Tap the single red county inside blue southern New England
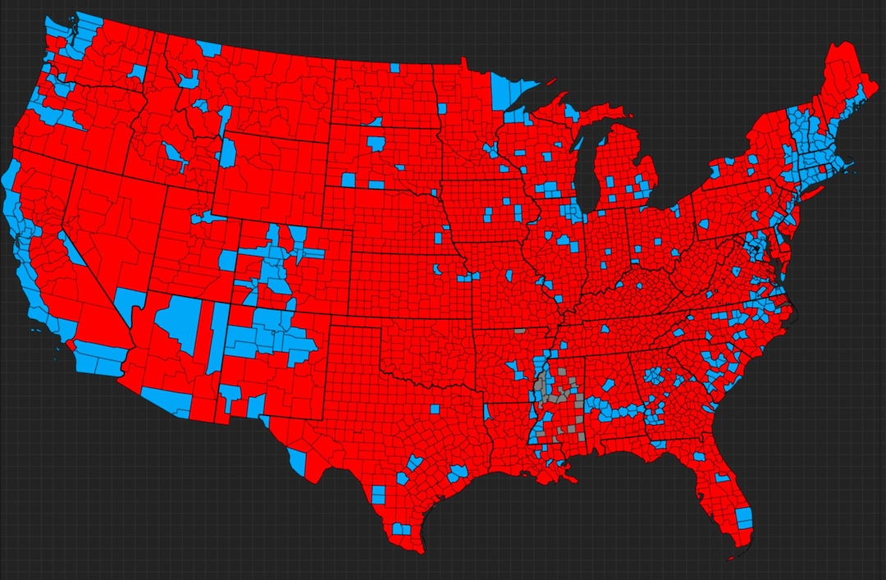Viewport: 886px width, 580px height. [823, 169]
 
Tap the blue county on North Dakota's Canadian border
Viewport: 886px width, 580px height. [394, 67]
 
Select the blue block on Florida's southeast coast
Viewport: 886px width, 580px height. [743, 518]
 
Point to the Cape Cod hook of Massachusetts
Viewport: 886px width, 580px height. [850, 164]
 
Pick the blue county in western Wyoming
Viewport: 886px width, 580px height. [227, 153]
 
